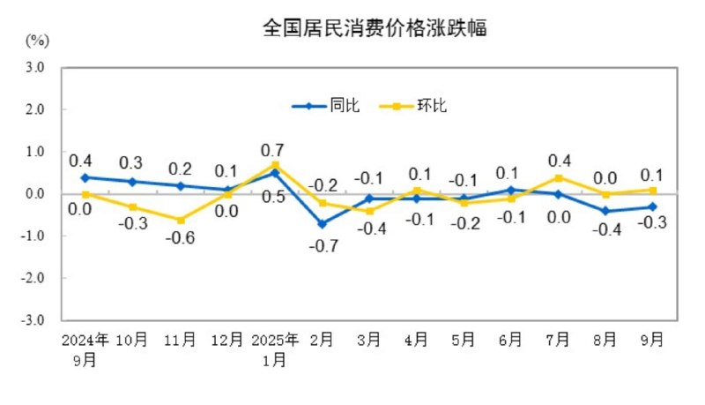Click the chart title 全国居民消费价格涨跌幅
(375, 29)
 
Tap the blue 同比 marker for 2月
(323, 224)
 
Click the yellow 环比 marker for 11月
(180, 220)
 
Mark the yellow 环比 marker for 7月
(557, 177)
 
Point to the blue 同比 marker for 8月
(605, 211)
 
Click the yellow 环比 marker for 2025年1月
(275, 165)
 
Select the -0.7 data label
(322, 244)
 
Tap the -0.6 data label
(180, 240)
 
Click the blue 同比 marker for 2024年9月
(85, 177)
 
